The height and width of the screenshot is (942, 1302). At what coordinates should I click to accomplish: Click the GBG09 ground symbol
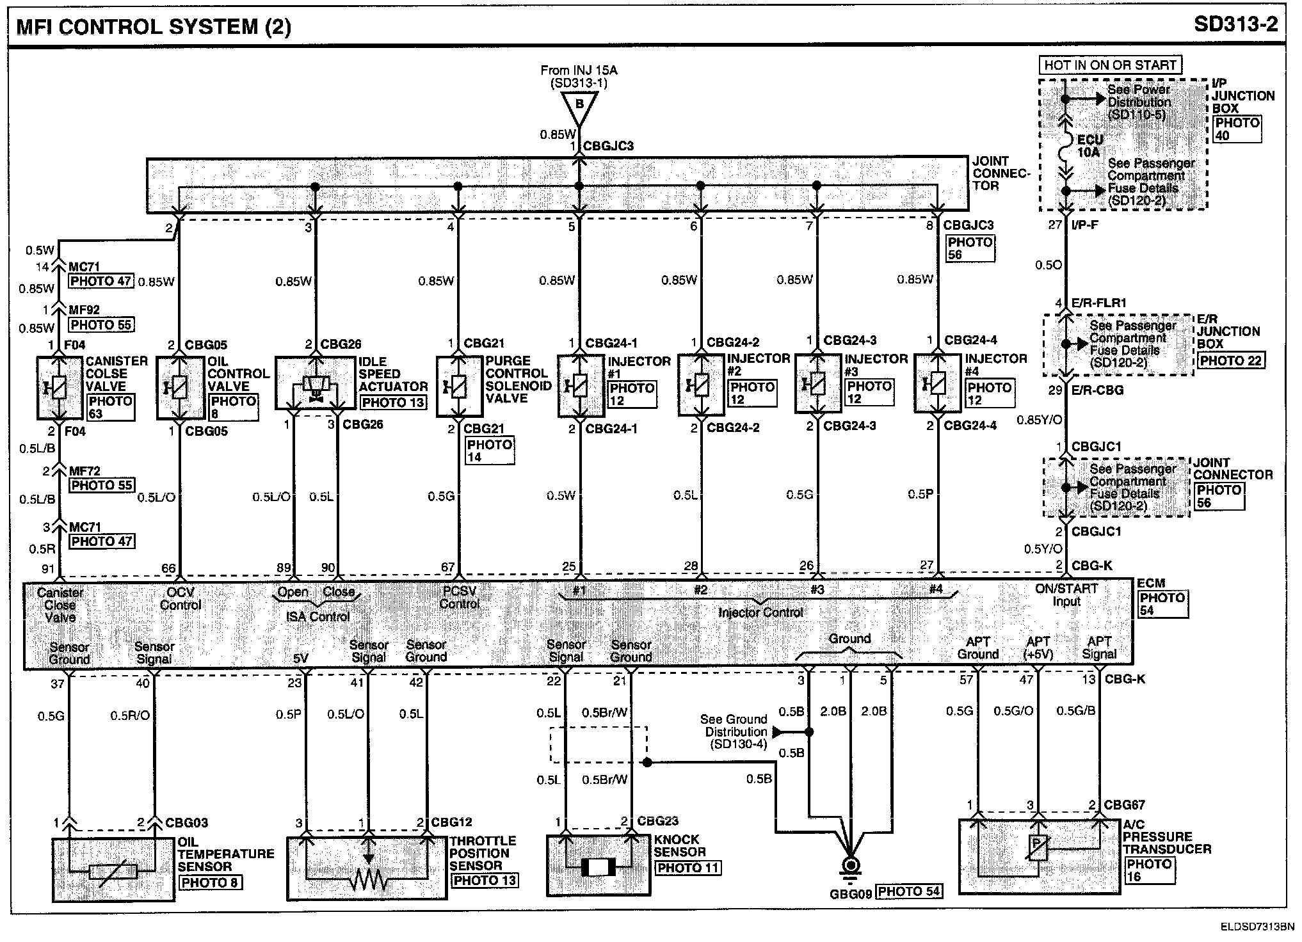coord(851,866)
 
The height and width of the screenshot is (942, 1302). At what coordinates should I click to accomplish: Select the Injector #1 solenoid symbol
coord(579,386)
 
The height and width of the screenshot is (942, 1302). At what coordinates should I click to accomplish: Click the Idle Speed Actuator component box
coord(315,383)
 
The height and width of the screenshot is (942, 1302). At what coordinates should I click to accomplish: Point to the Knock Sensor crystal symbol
coord(598,867)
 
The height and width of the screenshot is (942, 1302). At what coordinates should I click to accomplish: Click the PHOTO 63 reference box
coord(110,408)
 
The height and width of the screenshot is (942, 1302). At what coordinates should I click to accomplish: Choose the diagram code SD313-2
coord(1235,24)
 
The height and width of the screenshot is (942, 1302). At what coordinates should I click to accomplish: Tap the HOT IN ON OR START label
coord(1110,65)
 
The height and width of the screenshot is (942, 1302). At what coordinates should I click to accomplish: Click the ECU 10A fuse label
coord(1089,146)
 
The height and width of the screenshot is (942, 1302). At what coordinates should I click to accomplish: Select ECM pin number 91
coord(48,568)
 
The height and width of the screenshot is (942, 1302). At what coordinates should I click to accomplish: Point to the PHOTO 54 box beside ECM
coord(1162,604)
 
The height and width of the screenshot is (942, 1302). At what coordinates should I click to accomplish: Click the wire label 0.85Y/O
coord(1039,420)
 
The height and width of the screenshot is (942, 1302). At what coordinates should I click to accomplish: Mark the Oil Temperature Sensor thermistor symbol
coord(113,872)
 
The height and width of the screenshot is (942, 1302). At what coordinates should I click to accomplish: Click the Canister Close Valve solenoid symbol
coord(58,388)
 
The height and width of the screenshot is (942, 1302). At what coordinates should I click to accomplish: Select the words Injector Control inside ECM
coord(760,612)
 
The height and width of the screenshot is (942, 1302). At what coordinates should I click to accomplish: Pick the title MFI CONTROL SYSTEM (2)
coord(154,27)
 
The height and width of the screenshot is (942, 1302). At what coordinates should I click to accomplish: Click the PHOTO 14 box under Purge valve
coord(490,451)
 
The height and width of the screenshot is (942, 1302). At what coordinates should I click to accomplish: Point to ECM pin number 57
coord(966,680)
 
